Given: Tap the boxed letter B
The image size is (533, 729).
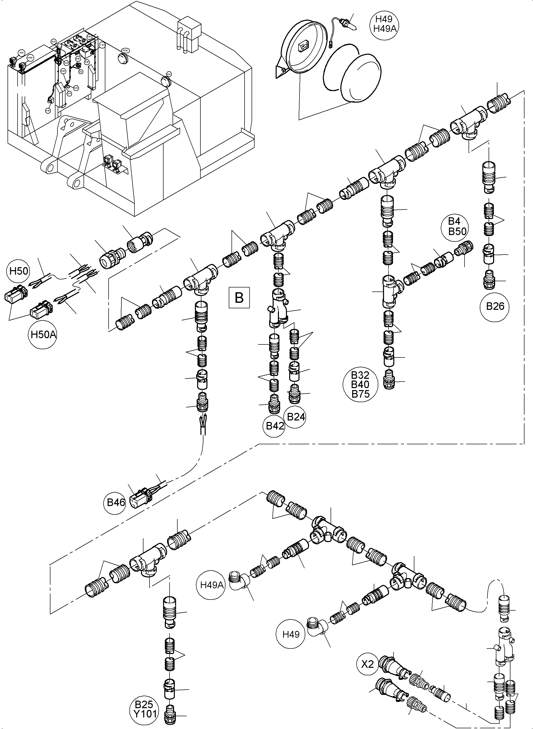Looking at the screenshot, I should tap(239, 297).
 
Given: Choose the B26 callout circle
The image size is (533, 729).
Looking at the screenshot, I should tap(495, 306).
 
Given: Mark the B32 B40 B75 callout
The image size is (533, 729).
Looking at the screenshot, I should tap(360, 385).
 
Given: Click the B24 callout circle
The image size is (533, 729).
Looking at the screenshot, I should tap(296, 417).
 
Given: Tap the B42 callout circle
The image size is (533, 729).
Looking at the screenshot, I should tap(275, 426).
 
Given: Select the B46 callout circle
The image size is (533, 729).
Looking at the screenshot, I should tap(116, 502).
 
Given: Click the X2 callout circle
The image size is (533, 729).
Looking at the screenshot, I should tap(367, 664).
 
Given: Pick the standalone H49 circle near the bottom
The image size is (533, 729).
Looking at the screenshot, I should tap(291, 635).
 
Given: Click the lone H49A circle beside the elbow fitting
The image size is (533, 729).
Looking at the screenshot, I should tap(212, 585).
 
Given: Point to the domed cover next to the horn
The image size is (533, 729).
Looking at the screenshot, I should tap(361, 78).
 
